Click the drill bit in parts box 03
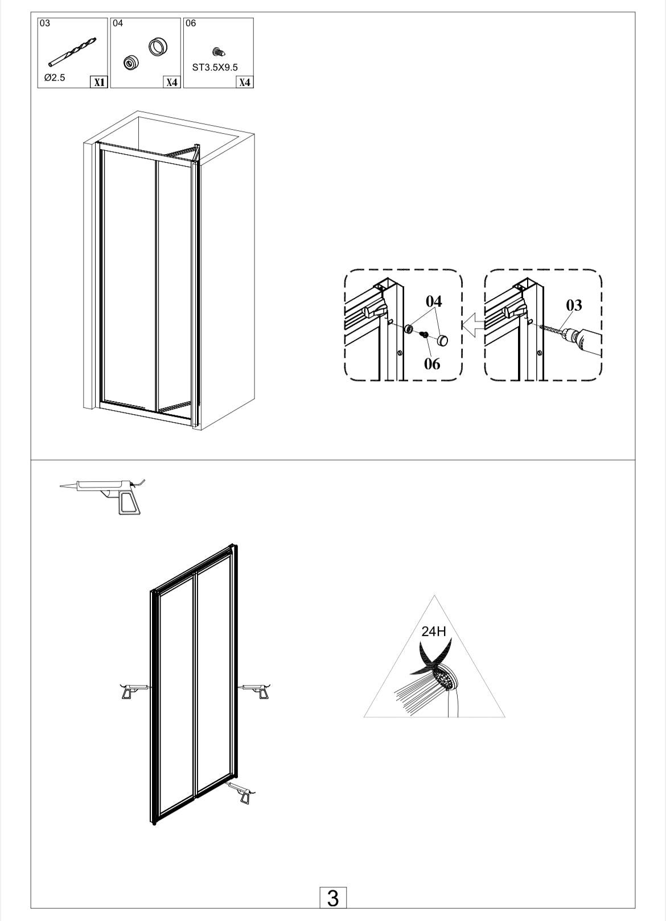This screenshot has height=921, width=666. coord(72,51)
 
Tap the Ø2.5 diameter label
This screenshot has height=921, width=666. coord(55,77)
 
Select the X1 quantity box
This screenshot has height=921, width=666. coord(98,82)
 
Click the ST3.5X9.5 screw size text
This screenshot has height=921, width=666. coord(215,68)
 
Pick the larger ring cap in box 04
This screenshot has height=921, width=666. coord(158,47)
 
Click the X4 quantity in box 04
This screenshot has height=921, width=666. coord(171,82)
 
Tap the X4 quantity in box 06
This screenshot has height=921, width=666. coord(244,82)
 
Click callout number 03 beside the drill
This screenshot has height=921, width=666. coord(574,305)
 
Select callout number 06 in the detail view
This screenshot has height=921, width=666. coord(432,364)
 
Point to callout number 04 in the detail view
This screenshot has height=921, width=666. coord(434,302)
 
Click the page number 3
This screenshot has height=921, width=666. coord(333,899)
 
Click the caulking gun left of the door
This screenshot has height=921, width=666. coord(135,691)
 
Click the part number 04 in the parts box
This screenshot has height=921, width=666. coord(118,23)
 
